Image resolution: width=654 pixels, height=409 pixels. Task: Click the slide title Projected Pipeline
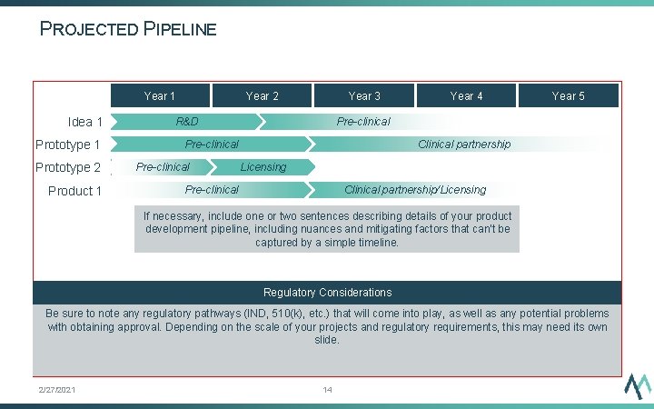pyautogui.click(x=128, y=29)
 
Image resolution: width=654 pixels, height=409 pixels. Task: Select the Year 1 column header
pyautogui.click(x=160, y=95)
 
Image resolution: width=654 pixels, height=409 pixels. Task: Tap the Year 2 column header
pyautogui.click(x=262, y=95)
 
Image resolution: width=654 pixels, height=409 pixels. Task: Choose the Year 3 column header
pyautogui.click(x=364, y=95)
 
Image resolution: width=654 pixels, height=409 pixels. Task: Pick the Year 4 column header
pyautogui.click(x=466, y=95)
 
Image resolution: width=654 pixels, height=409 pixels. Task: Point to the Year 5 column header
pyautogui.click(x=569, y=95)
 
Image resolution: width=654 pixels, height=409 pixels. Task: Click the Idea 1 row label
pyautogui.click(x=84, y=122)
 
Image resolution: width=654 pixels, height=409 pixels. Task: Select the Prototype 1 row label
pyautogui.click(x=67, y=145)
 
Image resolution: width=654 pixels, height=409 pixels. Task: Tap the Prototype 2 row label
pyautogui.click(x=67, y=167)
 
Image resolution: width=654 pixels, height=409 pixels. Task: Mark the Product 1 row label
pyautogui.click(x=74, y=191)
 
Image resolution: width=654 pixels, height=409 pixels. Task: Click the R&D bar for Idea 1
pyautogui.click(x=187, y=122)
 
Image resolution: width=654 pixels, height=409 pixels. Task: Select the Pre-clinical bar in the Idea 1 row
pyautogui.click(x=363, y=122)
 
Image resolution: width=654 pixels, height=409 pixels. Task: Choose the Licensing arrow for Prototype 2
pyautogui.click(x=263, y=167)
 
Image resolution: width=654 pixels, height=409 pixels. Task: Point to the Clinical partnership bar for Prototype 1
pyautogui.click(x=463, y=145)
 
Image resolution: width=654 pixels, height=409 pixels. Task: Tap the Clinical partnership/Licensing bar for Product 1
pyautogui.click(x=415, y=190)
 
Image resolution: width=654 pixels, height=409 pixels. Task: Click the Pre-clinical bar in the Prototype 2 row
pyautogui.click(x=163, y=167)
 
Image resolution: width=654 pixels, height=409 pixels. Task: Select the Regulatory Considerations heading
pyautogui.click(x=327, y=293)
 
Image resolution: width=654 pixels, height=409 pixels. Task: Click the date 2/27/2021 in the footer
pyautogui.click(x=56, y=390)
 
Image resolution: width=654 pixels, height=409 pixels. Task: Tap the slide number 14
pyautogui.click(x=327, y=390)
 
